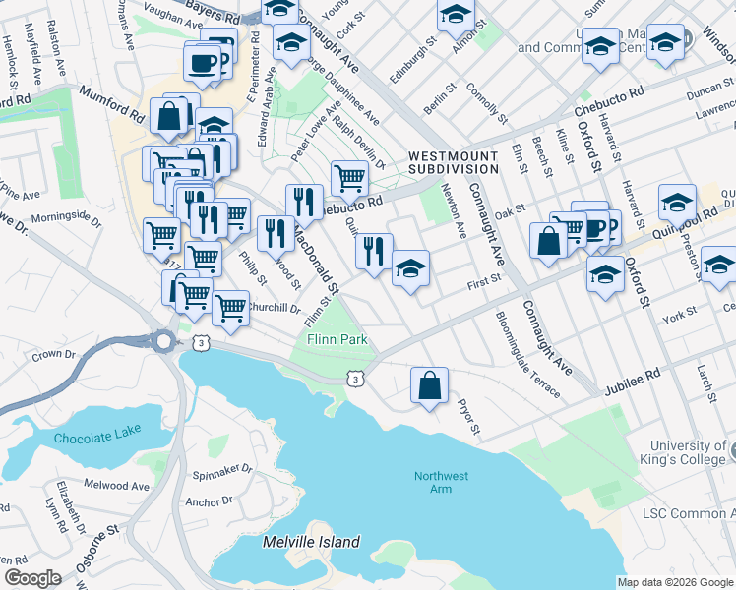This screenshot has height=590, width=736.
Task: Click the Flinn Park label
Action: (337, 339)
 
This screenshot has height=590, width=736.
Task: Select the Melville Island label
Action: (311, 542)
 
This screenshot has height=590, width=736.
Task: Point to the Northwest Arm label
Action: (441, 483)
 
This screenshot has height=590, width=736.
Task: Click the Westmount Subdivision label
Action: (453, 162)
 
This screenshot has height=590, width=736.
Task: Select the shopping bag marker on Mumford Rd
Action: (169, 115)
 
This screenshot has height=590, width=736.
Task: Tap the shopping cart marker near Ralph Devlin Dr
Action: (349, 179)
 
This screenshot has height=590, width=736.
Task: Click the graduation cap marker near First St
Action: (410, 268)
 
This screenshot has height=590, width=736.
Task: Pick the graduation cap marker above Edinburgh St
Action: (456, 15)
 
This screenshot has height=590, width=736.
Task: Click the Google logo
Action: (31, 578)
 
